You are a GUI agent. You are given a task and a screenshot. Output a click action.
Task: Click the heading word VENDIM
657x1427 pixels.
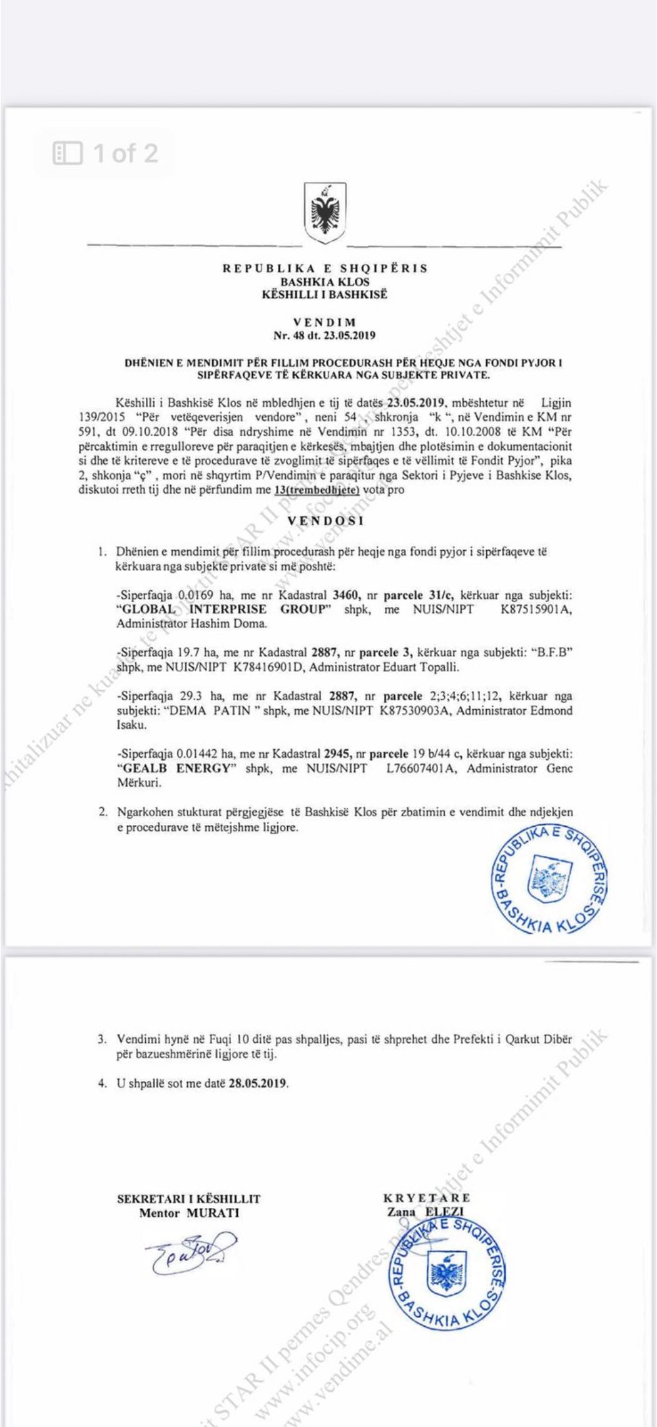coord(324,323)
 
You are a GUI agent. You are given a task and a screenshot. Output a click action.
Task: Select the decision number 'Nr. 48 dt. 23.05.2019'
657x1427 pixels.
coord(324,335)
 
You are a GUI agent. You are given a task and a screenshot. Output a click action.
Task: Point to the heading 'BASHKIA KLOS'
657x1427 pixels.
coord(325,282)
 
